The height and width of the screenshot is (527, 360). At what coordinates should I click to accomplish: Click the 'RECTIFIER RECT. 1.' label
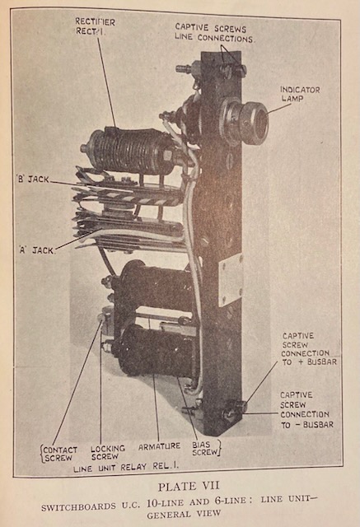coord(95,26)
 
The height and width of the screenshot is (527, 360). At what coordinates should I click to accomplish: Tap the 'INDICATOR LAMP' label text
coord(300,94)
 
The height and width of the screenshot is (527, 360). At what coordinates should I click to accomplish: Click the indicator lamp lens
coord(259,124)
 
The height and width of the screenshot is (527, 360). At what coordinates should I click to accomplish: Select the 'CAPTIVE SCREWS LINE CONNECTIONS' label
coord(215,33)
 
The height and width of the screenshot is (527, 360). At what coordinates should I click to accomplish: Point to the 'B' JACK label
coord(33,180)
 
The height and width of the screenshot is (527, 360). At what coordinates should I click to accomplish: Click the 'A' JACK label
coord(36,250)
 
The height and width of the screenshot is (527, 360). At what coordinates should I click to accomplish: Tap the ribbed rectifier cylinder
coord(129,152)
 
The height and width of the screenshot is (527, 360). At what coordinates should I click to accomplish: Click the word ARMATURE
coord(159,446)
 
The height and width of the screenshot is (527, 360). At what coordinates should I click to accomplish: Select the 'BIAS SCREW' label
coord(205,448)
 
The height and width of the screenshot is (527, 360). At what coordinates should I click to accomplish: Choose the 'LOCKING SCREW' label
coord(108,452)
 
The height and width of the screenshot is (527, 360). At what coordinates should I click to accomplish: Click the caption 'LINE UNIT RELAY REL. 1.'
coord(126,467)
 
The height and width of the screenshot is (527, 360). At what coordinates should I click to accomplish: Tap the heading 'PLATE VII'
coord(189,486)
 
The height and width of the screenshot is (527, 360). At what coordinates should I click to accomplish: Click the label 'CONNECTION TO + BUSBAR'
coord(309,357)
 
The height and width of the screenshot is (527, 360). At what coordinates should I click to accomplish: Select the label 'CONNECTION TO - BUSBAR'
coord(307,419)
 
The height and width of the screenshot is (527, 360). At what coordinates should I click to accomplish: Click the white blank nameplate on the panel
coord(231,281)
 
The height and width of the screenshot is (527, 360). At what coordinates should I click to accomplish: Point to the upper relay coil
coord(156,282)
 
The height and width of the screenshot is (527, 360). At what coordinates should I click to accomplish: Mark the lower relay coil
coord(156,350)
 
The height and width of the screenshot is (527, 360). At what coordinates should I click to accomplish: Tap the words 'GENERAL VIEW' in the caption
coord(184,514)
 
